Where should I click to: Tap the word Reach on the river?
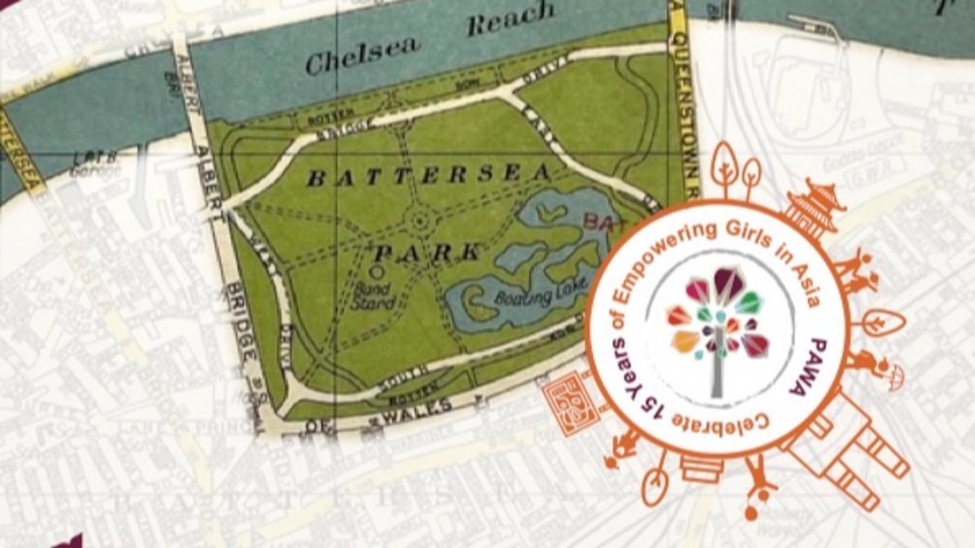(510, 19)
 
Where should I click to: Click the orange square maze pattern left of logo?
(570, 404)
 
